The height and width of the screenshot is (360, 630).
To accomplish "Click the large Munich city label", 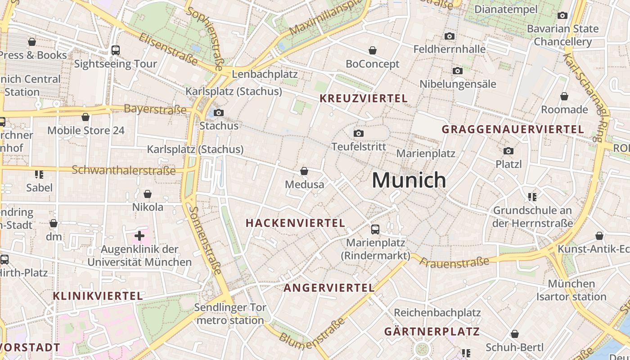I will (409, 180).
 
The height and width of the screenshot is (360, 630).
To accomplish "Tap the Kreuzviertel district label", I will (363, 99).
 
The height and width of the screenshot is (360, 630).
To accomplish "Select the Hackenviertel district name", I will (295, 223).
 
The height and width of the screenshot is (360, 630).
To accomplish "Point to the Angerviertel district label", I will (328, 288).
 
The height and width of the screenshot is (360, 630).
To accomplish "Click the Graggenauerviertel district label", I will (513, 130).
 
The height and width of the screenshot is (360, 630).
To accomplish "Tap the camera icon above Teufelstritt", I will (359, 133).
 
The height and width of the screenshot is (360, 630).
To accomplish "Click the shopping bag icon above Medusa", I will (304, 171).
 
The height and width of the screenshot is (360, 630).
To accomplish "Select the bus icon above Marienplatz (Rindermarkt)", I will (375, 229).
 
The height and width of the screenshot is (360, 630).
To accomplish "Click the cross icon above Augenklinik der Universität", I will (139, 235).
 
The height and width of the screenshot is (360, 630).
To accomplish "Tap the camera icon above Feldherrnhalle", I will (449, 36).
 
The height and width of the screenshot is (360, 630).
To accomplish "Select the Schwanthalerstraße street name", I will (124, 170).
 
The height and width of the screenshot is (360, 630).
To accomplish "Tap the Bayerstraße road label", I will (155, 109).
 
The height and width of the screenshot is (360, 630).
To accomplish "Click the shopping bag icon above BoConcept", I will (373, 50).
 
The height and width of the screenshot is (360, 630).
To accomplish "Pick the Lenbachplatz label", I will (265, 74).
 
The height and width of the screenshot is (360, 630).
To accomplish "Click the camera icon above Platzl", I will (508, 151).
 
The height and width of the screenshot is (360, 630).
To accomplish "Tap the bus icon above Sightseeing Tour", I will (116, 50).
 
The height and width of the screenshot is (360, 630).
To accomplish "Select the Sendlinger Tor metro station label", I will (230, 314).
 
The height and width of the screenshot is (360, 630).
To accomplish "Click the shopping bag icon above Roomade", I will (564, 96).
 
